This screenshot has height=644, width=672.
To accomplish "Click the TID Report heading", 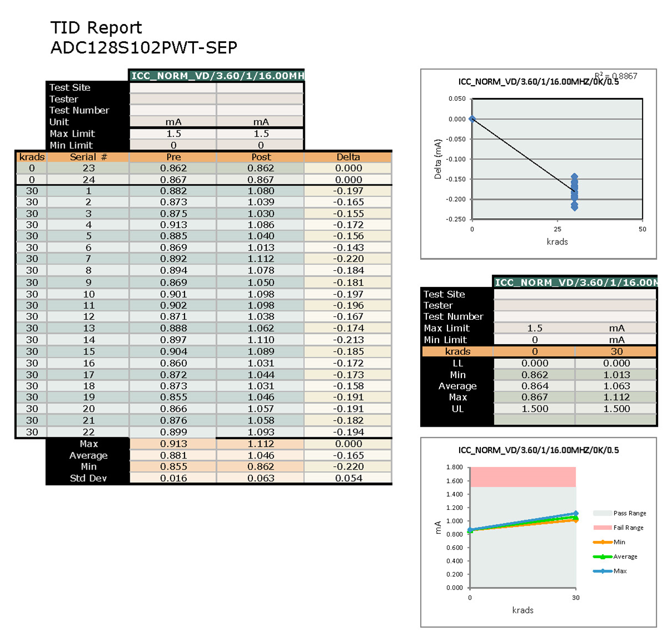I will pos(96,28).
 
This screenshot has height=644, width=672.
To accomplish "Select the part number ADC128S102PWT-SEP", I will pos(144,48).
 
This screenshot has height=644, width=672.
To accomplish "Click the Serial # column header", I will pos(88,157).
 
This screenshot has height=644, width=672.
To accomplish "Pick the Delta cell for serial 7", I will pos(348,258).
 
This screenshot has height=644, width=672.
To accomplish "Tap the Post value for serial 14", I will pos(261,340).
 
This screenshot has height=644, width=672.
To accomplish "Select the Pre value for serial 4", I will pos(173,225).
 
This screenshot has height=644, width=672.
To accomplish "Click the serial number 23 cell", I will pos(89,168).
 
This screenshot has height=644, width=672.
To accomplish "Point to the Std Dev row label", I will pos(88,478).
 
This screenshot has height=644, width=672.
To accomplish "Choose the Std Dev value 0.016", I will pos(173,478).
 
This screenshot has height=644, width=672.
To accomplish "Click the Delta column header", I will pos(348,157).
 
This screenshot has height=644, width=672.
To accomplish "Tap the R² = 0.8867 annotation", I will pos(616,76).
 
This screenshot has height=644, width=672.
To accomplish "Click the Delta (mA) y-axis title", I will pos(437,159).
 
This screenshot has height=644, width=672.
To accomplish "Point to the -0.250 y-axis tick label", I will pos(457,219).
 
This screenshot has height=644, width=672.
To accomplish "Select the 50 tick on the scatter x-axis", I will pos(642,229).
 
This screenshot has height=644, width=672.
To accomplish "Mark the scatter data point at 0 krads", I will pos(473,119).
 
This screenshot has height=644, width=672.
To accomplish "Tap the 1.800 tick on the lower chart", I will pos(455,467).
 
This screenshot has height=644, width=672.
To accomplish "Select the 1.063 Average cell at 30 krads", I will pos(616,386).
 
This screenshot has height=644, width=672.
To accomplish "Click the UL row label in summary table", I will pos(457,408).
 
